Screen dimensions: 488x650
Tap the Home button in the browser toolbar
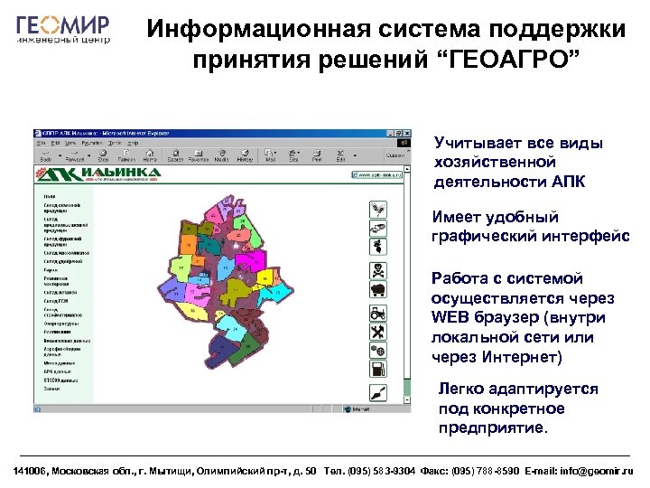coord(149,157)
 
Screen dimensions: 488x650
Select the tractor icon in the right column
coord(378,312)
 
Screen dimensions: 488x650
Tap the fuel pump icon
coord(378,370)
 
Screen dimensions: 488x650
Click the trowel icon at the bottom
coord(378,392)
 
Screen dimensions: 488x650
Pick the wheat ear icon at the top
coord(378,206)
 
